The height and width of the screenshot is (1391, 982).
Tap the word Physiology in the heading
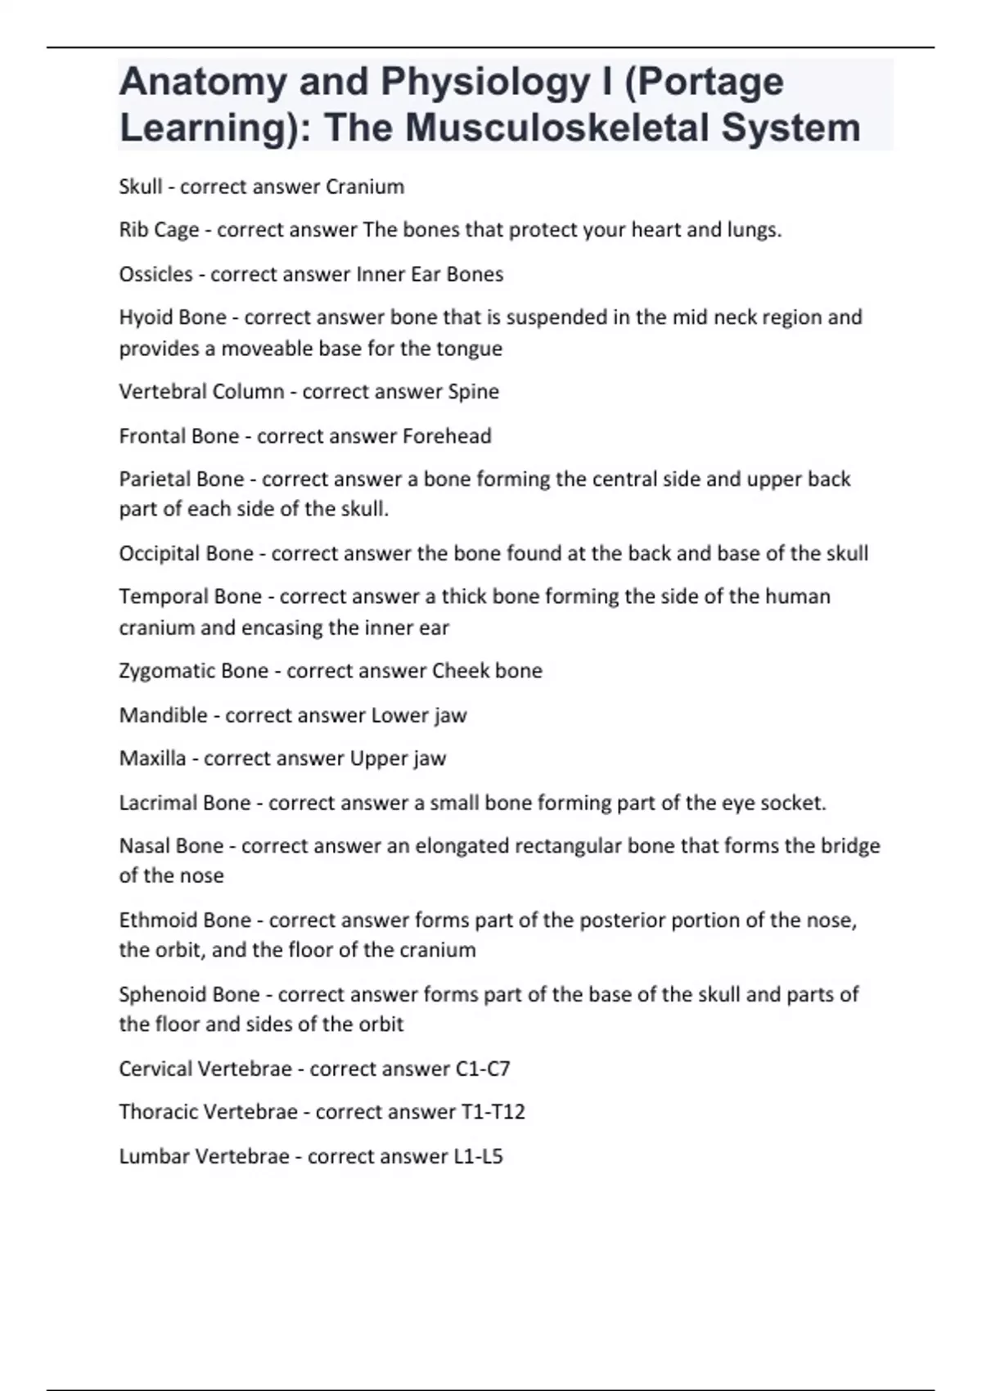tap(485, 82)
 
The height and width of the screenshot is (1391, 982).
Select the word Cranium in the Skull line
tap(365, 187)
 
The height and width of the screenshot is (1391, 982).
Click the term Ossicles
tap(155, 274)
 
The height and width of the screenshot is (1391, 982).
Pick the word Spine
tap(473, 392)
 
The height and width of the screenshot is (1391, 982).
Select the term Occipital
tap(160, 554)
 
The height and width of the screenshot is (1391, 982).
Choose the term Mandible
tap(163, 715)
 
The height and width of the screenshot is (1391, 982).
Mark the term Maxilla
tap(152, 759)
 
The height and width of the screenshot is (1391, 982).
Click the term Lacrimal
tap(158, 803)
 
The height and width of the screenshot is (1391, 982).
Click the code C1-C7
tap(482, 1069)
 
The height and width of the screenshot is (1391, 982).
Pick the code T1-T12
tap(493, 1113)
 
